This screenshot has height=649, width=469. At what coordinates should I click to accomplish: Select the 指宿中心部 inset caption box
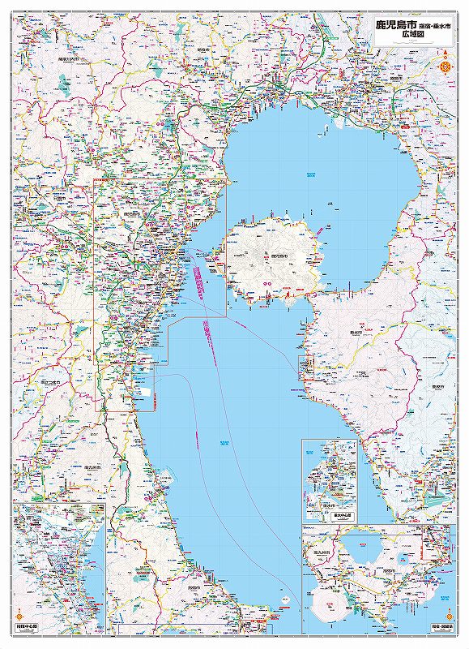point(30,627)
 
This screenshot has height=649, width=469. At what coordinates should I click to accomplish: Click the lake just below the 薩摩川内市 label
point(63,82)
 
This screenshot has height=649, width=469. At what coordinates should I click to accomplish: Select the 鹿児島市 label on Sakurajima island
point(280,256)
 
